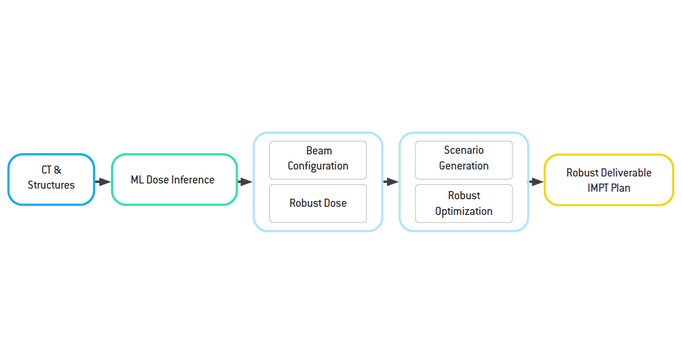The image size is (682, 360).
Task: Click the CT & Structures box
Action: (51, 179)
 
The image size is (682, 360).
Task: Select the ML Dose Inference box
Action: (174, 179)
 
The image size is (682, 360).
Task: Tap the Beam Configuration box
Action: (318, 160)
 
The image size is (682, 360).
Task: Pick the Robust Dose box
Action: (318, 203)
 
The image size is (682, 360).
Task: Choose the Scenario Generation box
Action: (463, 160)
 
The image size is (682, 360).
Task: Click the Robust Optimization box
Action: (463, 203)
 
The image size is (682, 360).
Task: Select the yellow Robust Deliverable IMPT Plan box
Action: (609, 179)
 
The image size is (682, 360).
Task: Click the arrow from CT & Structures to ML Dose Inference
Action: (103, 182)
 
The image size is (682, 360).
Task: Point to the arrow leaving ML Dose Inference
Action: (245, 182)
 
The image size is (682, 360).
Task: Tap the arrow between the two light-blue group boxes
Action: (391, 182)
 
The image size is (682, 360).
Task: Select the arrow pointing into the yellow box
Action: (536, 182)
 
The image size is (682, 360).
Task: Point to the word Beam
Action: (319, 151)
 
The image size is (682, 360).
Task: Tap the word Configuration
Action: (318, 166)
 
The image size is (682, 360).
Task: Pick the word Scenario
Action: (463, 150)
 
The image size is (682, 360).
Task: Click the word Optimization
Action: (463, 211)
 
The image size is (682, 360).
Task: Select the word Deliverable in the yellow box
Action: (627, 172)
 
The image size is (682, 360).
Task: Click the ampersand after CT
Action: (58, 170)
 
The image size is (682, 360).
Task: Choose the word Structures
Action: (51, 185)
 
